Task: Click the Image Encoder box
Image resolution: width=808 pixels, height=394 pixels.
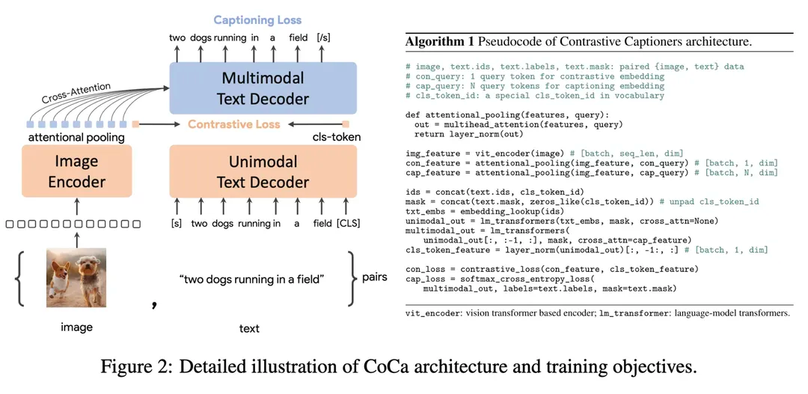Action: tap(77, 171)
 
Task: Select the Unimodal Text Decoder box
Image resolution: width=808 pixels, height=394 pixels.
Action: tap(262, 171)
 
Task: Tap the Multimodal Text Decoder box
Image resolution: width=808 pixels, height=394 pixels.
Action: tap(262, 88)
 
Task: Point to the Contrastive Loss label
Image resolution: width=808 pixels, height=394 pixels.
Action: tap(234, 124)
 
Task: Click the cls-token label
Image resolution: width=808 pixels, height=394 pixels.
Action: tap(336, 137)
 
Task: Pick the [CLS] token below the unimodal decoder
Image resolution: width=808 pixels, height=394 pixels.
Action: tap(348, 222)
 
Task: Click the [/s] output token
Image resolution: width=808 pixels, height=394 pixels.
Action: tap(324, 37)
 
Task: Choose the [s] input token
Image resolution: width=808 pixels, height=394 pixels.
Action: tap(177, 222)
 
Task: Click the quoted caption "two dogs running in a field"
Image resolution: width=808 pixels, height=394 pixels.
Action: tap(251, 279)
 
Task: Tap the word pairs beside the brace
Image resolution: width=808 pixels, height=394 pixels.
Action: tap(374, 277)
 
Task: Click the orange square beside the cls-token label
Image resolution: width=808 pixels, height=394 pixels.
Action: tap(346, 124)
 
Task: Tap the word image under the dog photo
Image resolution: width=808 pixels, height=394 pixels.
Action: tap(76, 327)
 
